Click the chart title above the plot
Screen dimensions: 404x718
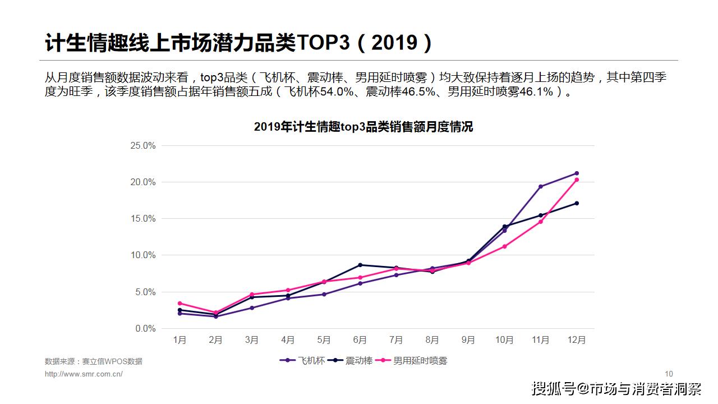pos(363,127)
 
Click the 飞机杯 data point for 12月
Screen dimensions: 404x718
pos(577,173)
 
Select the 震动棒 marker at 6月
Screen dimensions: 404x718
pos(360,265)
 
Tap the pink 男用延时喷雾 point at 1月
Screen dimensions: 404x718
pos(179,304)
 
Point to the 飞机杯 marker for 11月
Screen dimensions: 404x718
pos(540,186)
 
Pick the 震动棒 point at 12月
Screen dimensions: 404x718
pos(577,203)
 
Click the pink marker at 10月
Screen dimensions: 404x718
pos(504,246)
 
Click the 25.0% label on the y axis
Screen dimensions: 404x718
pos(142,146)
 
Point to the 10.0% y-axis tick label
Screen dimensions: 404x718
pos(142,255)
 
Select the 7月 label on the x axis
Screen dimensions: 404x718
pos(396,340)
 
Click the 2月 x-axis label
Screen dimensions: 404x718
pos(215,340)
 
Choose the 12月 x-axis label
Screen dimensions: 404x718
pos(577,340)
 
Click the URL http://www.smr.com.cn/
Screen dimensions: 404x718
pos(84,374)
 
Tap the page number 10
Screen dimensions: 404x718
pos(669,374)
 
